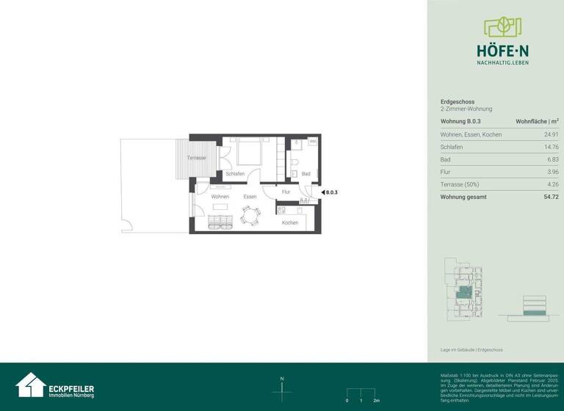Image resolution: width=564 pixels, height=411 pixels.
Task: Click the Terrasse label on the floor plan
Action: click(x=196, y=158)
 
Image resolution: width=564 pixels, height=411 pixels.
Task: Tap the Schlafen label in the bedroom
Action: click(x=235, y=174)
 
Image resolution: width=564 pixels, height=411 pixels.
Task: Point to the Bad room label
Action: click(x=305, y=174)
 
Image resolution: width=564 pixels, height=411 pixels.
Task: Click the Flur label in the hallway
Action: click(x=286, y=192)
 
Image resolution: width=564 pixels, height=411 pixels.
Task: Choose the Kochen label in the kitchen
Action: click(x=290, y=222)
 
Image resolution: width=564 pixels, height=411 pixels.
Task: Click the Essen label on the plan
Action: click(x=250, y=197)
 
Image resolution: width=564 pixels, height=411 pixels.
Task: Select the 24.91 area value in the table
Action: click(x=551, y=134)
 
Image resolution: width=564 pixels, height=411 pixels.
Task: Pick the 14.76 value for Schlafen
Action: click(x=551, y=147)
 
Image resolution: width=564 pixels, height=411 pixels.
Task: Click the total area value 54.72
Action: click(x=551, y=197)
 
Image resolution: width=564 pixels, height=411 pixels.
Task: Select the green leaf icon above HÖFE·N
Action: click(x=502, y=28)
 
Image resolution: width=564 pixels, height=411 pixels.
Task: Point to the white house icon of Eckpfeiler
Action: click(x=31, y=385)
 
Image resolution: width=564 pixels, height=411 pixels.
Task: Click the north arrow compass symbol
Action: click(x=282, y=391)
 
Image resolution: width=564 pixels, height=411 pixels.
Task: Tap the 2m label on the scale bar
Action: click(x=376, y=401)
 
